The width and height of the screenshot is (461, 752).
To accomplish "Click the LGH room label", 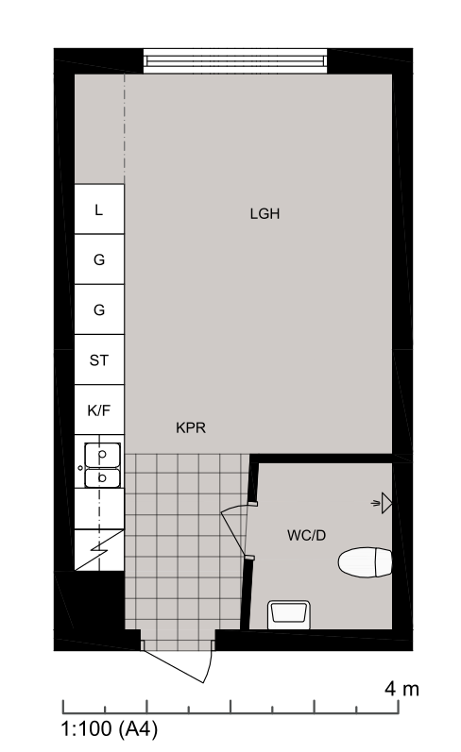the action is [265, 213].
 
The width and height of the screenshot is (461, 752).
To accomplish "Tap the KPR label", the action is [191, 427].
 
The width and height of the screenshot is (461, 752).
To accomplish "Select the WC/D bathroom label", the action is [306, 535].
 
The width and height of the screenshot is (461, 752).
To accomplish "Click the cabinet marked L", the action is [99, 209].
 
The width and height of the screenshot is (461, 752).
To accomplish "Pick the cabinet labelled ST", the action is [99, 359].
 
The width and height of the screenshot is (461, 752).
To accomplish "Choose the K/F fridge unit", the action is [99, 410].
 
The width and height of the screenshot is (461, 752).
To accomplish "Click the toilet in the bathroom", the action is [365, 562].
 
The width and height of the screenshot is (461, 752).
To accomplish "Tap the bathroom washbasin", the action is [289, 614].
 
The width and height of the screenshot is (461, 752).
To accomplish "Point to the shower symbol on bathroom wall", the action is [383, 503].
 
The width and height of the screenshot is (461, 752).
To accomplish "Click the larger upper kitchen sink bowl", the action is [102, 455].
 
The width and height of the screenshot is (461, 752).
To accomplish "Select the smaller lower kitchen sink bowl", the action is [102, 478].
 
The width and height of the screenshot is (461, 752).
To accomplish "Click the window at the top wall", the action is [235, 61].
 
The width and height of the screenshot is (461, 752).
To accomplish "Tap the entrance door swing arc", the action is [210, 661].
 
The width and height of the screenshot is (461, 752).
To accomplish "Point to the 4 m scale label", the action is [401, 689].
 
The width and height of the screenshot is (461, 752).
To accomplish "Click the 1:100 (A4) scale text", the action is [110, 729].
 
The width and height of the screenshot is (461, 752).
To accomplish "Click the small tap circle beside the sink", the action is [79, 467].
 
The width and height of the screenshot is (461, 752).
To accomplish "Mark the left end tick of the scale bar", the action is [63, 707].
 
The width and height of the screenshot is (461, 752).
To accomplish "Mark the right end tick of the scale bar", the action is [398, 707].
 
